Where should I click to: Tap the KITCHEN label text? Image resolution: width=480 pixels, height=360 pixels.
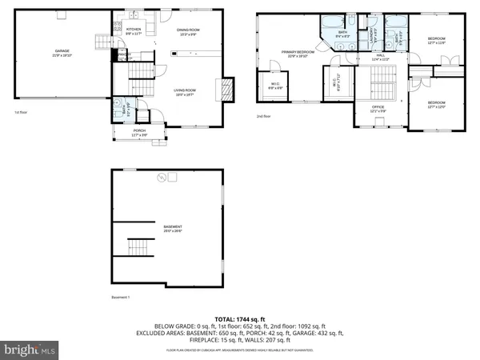pos(134,30)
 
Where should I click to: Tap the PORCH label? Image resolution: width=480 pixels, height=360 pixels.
pos(139,132)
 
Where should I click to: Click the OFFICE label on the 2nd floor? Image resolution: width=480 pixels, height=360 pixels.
pos(378,107)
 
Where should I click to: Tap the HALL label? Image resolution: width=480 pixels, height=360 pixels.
pos(381,56)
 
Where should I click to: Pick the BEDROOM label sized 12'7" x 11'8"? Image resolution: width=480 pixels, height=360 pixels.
pos(436,41)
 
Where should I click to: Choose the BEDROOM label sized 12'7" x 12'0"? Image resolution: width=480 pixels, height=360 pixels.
pos(436,104)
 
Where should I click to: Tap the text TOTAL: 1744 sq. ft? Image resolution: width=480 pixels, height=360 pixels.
pos(239,318)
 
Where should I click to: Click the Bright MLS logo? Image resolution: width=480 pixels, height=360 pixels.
pos(31,350)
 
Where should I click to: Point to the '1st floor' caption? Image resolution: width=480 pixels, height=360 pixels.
pos(22,113)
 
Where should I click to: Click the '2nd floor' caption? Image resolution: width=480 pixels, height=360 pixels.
pos(264,116)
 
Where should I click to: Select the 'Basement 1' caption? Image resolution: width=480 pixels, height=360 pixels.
pos(122,297)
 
